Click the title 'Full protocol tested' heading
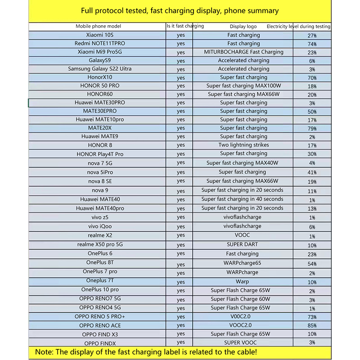[x=180, y=10]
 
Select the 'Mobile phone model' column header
[x=98, y=27]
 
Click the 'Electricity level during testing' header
[x=298, y=27]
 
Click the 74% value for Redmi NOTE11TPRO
[x=312, y=44]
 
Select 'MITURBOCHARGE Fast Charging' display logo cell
[x=243, y=52]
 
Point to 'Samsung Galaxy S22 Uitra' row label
[x=100, y=69]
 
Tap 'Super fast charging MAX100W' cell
[x=243, y=86]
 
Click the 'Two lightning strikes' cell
[x=243, y=145]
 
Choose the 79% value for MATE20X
[x=312, y=129]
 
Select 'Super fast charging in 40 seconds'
[x=242, y=199]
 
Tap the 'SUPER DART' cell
[x=243, y=244]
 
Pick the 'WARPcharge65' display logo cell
[x=243, y=263]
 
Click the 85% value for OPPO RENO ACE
[x=312, y=326]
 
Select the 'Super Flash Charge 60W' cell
[x=240, y=299]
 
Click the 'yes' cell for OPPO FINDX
[x=180, y=342]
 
